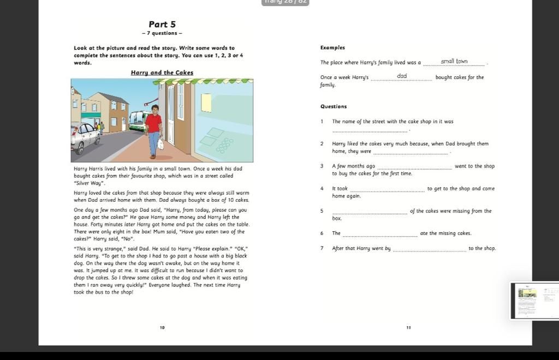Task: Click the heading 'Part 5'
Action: click(162, 25)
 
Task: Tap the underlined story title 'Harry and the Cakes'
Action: click(162, 73)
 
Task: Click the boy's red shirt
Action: click(154, 123)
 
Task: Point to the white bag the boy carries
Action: click(160, 144)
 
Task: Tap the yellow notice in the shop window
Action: click(206, 103)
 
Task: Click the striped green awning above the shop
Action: click(202, 81)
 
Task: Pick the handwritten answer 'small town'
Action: click(454, 61)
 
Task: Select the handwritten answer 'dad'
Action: click(402, 76)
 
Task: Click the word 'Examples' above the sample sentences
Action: click(332, 48)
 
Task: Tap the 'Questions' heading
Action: click(334, 106)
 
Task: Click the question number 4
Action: click(322, 189)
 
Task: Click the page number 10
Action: click(162, 327)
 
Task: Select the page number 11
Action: click(408, 327)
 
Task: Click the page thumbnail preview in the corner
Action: click(534, 299)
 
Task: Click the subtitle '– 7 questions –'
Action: click(162, 34)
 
